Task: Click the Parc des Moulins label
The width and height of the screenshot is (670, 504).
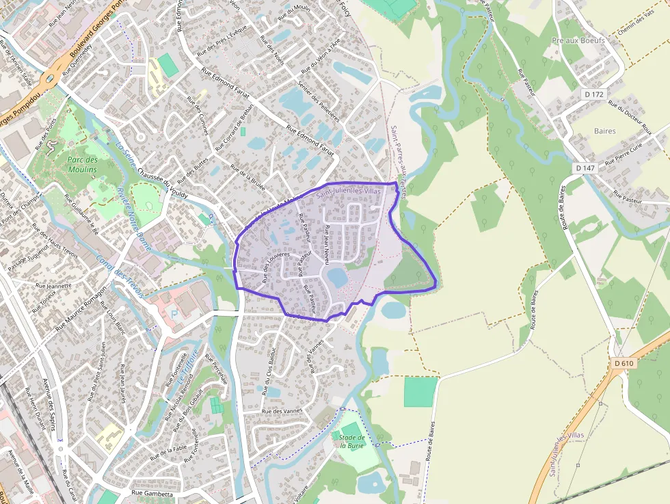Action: click(83, 163)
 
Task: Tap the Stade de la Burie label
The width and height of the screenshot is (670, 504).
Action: click(351, 440)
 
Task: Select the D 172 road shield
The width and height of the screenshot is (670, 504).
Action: click(594, 94)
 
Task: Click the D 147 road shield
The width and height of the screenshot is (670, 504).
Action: click(586, 168)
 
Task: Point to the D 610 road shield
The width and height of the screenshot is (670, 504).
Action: click(624, 363)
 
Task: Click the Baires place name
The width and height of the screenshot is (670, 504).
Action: click(604, 131)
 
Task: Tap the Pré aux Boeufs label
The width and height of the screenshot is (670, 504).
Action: click(578, 41)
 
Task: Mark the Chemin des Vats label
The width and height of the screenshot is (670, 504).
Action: click(640, 27)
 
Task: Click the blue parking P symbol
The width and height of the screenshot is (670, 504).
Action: click(173, 313)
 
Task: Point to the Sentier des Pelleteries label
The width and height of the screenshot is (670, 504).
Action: click(317, 105)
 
